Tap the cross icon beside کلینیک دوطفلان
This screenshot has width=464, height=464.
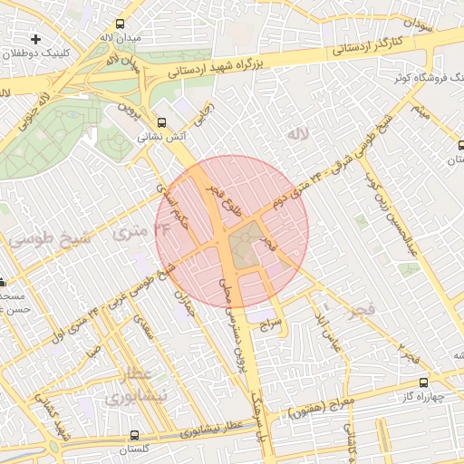click(x=35, y=39)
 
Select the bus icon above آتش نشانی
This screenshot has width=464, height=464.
click(x=161, y=122)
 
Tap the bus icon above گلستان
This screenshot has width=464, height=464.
click(x=135, y=436)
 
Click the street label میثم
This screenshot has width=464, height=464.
click(x=418, y=112)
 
